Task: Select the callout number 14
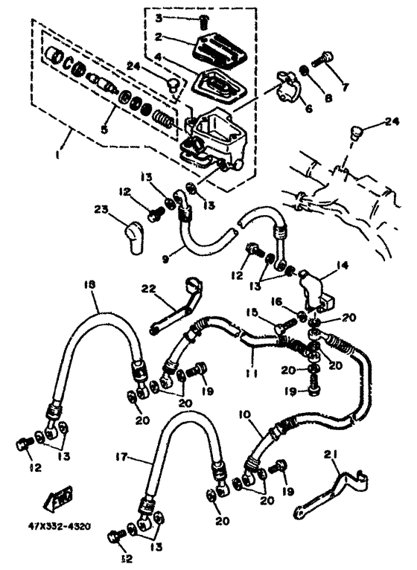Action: tap(341, 263)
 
